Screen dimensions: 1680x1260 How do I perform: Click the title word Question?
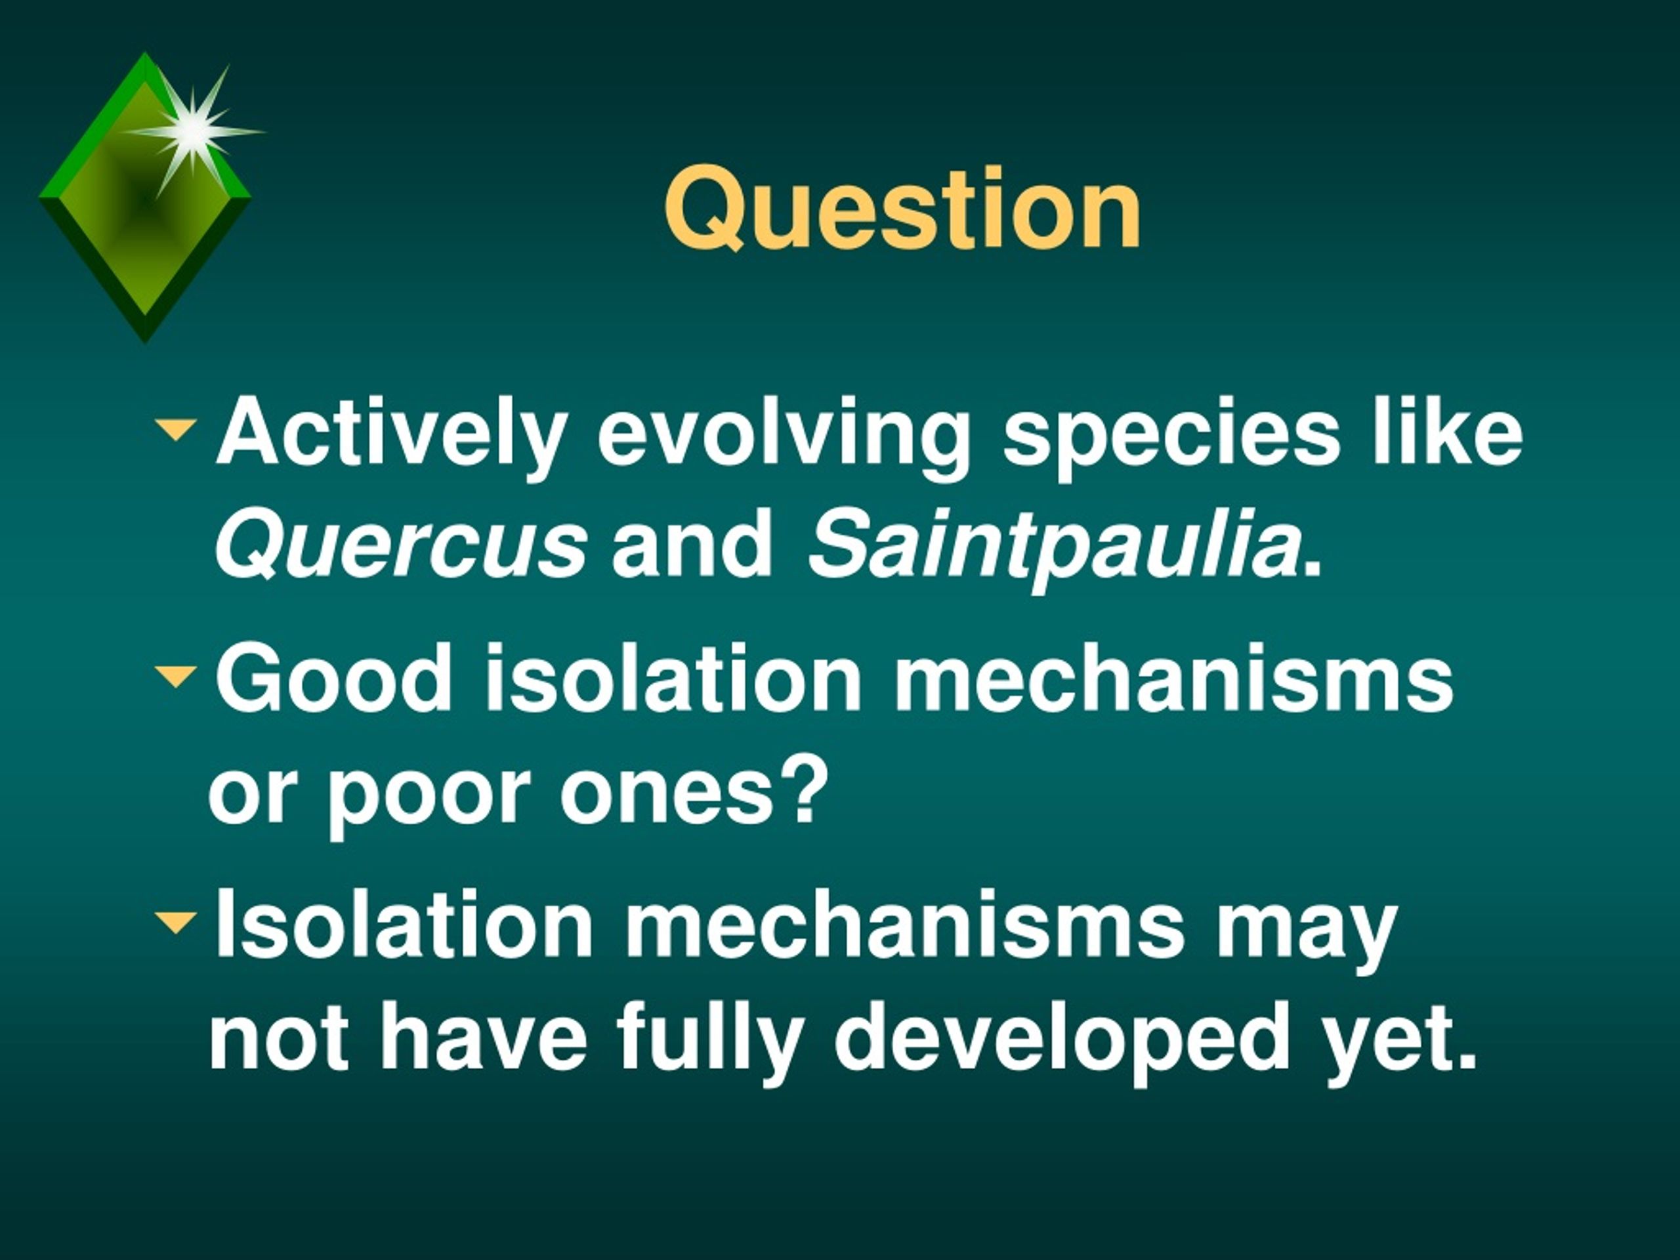pyautogui.click(x=902, y=208)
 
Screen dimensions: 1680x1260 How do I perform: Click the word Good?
pyautogui.click(x=334, y=677)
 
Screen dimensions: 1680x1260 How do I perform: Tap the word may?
pyautogui.click(x=1305, y=933)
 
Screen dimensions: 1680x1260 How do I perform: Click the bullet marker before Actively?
pyautogui.click(x=175, y=429)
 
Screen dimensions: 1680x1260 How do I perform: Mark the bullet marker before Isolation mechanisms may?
pyautogui.click(x=175, y=923)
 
